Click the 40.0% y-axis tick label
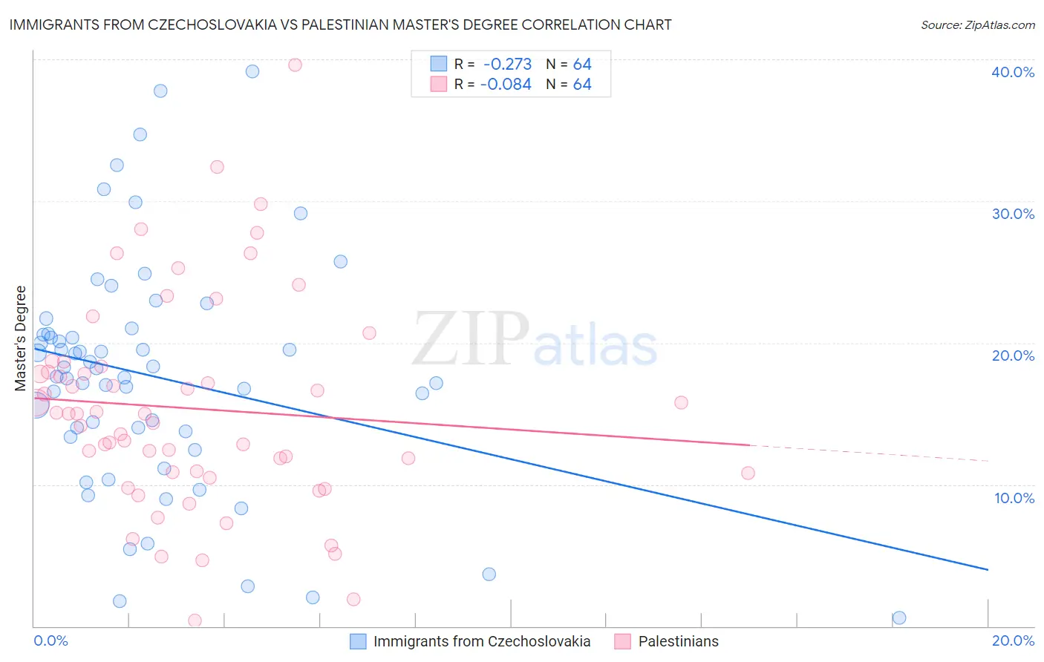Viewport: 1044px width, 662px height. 1013,72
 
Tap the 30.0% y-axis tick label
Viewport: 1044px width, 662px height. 1013,214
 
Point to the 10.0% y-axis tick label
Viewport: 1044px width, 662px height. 1014,498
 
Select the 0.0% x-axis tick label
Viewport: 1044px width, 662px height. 50,640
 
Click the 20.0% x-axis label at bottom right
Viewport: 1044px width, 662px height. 1013,640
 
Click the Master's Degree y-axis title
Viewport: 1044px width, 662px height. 21,338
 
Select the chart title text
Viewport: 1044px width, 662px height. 340,25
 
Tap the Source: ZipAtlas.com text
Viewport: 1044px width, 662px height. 977,25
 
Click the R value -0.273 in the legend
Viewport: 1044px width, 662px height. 507,65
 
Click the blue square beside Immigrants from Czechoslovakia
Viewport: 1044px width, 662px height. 358,641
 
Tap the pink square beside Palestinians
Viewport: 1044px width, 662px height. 622,641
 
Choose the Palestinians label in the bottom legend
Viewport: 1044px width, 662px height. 678,641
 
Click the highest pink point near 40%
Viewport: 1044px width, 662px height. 295,65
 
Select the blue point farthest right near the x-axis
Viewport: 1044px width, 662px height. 899,617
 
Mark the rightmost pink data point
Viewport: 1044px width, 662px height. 748,473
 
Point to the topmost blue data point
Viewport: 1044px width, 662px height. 252,71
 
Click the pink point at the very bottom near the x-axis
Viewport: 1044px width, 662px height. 195,620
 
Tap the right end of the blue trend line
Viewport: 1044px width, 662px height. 988,569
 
